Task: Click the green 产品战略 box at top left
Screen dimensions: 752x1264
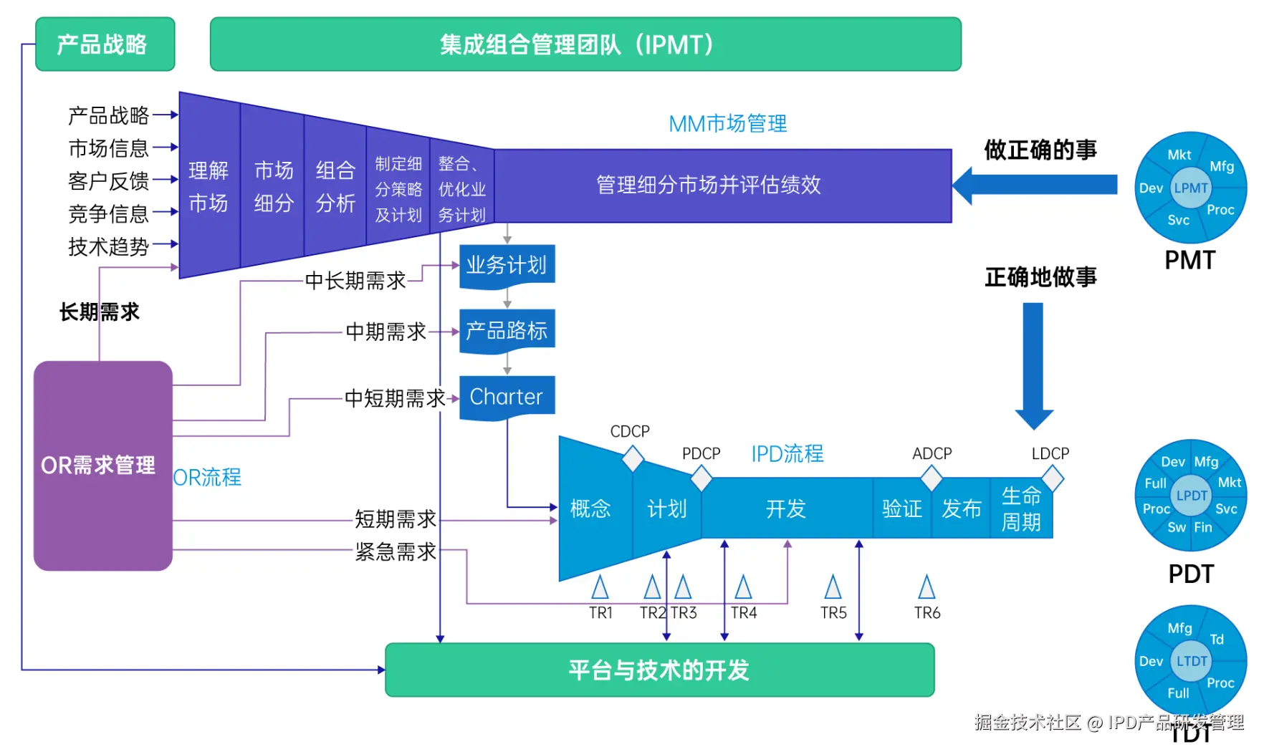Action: [x=105, y=44]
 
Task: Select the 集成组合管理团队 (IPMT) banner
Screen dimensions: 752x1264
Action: [x=585, y=44]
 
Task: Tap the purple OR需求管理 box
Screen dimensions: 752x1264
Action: [x=102, y=466]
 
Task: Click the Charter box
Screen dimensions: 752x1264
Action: [x=507, y=397]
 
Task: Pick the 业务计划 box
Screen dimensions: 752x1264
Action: [x=507, y=266]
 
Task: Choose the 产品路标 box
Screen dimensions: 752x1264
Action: [x=507, y=331]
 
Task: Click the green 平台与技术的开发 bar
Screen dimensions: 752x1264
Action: [x=659, y=670]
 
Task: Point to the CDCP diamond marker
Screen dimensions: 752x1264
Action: [x=633, y=458]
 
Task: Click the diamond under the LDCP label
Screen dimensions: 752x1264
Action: [x=1052, y=478]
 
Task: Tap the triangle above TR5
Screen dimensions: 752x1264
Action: [x=833, y=587]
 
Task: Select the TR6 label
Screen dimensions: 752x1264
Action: [x=927, y=613]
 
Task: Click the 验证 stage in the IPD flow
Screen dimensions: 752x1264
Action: [x=901, y=508]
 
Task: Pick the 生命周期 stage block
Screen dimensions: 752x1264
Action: [x=1021, y=508]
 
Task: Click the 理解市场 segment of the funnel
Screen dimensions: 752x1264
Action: [x=209, y=186]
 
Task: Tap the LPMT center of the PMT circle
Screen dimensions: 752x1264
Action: [x=1191, y=188]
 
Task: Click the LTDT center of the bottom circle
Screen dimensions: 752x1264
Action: [x=1192, y=661]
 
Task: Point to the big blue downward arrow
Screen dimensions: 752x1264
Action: [x=1033, y=362]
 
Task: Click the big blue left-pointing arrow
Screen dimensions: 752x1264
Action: [x=1035, y=185]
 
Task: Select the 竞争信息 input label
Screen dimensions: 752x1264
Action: [x=108, y=213]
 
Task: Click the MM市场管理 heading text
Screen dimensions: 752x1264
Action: [x=727, y=124]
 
